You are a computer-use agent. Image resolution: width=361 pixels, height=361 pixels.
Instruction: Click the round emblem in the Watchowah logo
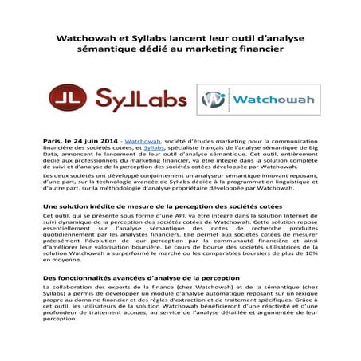coord(212,100)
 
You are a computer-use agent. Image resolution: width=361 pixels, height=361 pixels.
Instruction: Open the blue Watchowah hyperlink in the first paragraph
coord(142,140)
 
